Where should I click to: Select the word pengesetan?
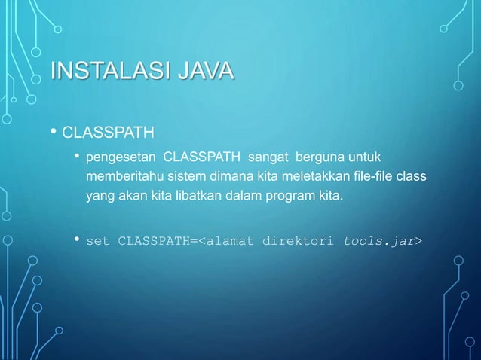121,158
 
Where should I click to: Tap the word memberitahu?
119,178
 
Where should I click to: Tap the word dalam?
240,197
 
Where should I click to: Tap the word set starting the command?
98,242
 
